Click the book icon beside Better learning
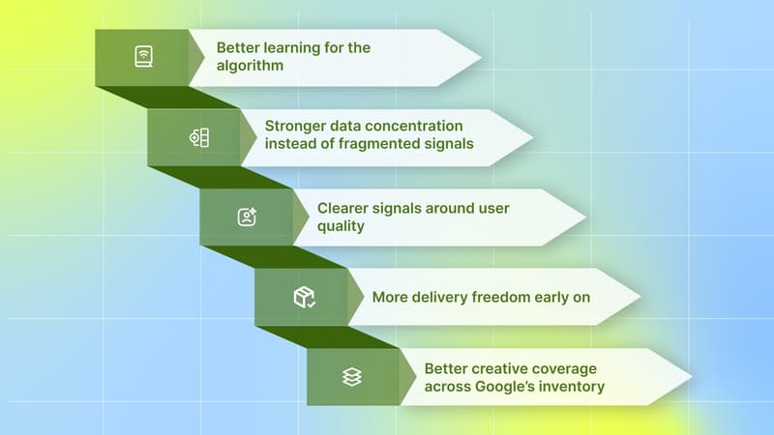coord(143,57)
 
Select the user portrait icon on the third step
coord(248,217)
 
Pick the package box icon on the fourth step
coord(304,297)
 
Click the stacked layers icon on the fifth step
coord(352,377)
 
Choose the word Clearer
coord(345,208)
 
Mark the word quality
coord(342,227)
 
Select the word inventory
coord(575,387)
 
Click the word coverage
coord(570,368)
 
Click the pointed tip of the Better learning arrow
coord(480,57)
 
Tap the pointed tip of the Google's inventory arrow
coord(691,377)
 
